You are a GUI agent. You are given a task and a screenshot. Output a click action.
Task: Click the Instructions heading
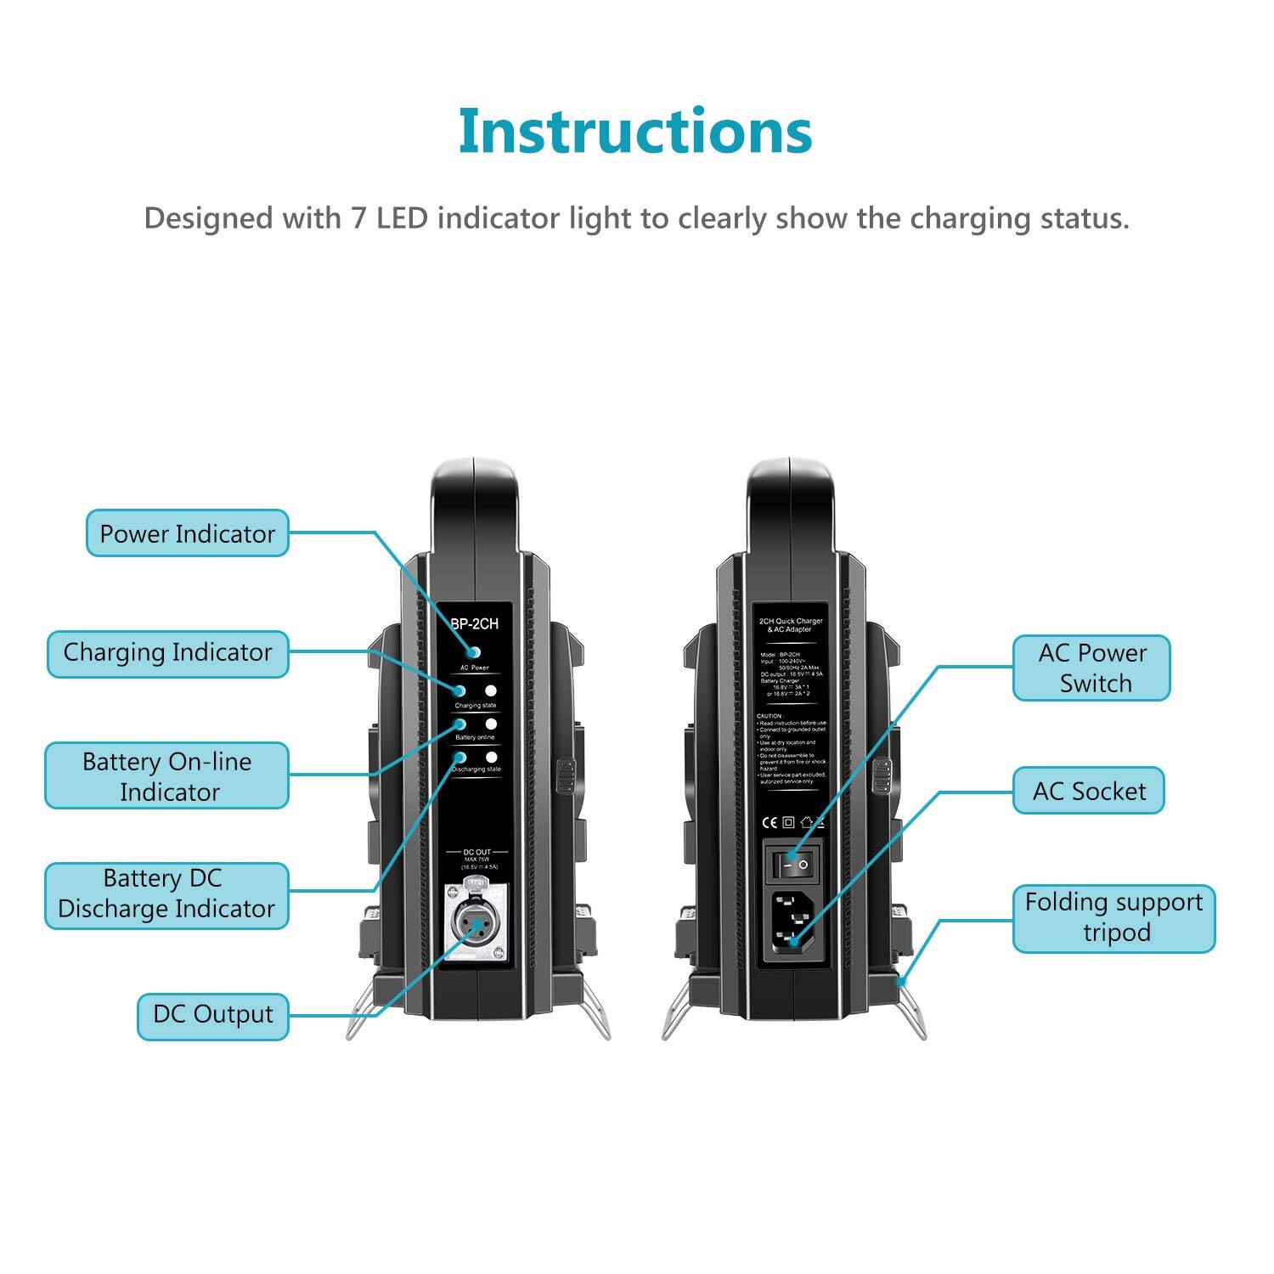(635, 132)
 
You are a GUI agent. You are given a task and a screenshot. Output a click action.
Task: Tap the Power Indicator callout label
(188, 533)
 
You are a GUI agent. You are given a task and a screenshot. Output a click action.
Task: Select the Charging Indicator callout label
(167, 653)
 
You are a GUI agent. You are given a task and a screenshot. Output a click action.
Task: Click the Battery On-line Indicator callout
(166, 776)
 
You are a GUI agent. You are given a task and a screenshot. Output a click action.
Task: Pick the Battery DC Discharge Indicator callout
(166, 894)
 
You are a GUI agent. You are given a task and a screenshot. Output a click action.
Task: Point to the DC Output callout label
(213, 1015)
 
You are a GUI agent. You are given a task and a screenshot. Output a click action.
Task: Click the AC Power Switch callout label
(1092, 668)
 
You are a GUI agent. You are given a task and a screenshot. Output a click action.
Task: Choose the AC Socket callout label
(1089, 792)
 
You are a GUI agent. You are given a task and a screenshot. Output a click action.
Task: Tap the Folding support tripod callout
(1113, 918)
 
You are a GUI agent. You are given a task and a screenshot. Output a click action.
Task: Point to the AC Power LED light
(474, 652)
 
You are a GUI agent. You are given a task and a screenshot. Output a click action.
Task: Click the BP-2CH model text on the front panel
(475, 624)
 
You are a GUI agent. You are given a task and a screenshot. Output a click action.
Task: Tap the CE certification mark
(769, 822)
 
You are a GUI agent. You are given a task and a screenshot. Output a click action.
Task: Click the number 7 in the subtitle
(359, 219)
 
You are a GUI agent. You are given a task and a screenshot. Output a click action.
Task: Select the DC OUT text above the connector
(476, 852)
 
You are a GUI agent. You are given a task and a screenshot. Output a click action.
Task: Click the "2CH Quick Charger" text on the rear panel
(791, 622)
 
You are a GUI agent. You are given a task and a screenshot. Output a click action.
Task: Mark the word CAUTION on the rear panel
(771, 716)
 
